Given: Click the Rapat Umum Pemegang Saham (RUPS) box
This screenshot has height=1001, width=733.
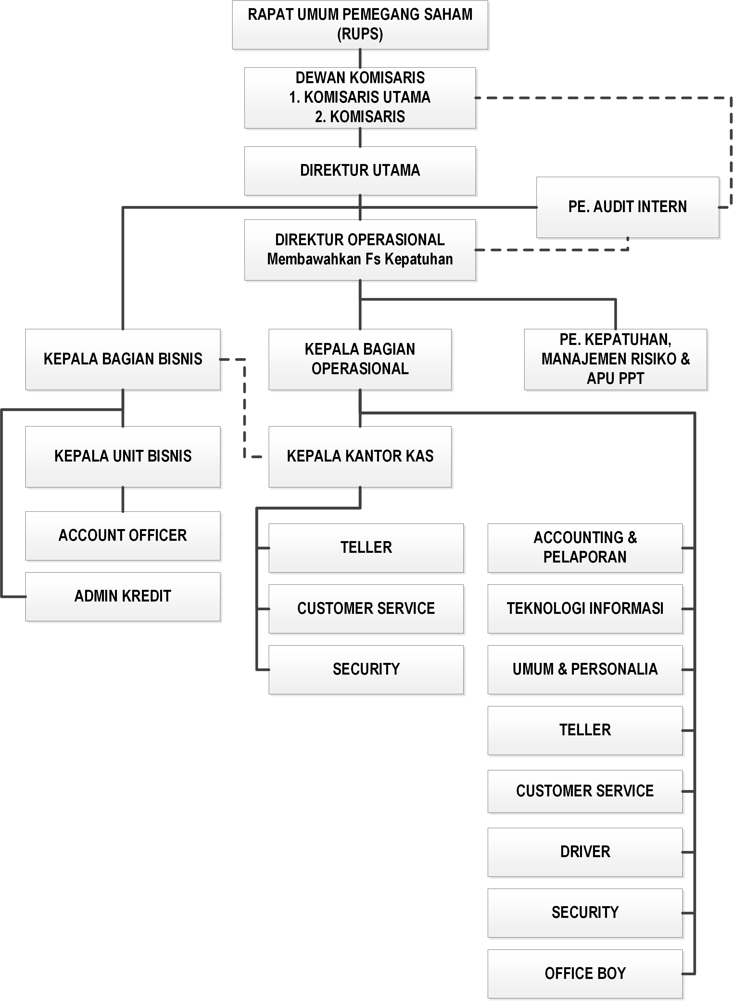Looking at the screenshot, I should tap(360, 24).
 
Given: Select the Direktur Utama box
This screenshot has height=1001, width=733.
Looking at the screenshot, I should tap(360, 171).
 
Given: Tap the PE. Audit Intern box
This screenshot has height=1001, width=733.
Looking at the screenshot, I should tap(627, 207).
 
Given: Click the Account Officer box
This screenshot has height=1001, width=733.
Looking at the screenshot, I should tap(123, 536).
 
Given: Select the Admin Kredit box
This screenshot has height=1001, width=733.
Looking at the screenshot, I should tap(123, 596).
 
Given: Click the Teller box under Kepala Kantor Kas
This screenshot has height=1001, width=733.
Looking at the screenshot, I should tap(366, 548).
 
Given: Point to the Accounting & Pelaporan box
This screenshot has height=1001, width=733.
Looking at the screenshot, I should tap(585, 548).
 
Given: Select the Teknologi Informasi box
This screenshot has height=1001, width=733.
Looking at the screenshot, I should tap(585, 608).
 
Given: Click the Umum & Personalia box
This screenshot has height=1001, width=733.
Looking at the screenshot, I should tap(585, 669).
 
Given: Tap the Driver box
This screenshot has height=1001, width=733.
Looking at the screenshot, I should tap(585, 852).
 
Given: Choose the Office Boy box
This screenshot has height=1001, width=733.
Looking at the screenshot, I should tap(585, 973).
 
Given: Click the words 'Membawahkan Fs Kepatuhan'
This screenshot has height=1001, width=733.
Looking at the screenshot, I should tap(360, 259).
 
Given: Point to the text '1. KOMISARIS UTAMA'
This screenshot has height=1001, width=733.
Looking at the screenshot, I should tap(360, 97).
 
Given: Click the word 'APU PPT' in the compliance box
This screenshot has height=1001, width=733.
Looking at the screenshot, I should tap(615, 378).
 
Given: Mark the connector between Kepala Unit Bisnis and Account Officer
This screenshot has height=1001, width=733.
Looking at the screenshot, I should tap(123, 500).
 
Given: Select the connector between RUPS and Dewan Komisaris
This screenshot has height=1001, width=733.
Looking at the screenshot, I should tap(360, 58).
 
